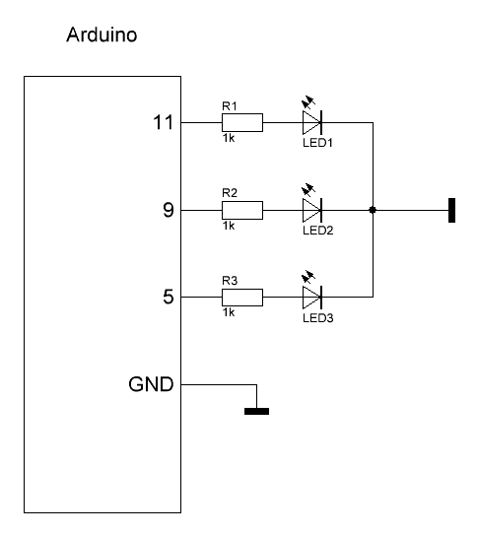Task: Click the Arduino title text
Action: click(102, 34)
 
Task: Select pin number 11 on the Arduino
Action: click(164, 122)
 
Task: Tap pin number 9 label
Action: click(169, 210)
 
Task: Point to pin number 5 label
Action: click(169, 297)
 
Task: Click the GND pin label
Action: click(151, 384)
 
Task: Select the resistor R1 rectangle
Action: click(242, 122)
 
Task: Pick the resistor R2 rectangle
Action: click(242, 210)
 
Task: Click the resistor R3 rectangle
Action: click(242, 298)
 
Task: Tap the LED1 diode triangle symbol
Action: click(312, 122)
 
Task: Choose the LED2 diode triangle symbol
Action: click(312, 210)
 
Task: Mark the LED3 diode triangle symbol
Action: click(312, 298)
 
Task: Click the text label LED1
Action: click(317, 143)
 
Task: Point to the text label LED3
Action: click(318, 318)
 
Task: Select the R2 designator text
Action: click(230, 193)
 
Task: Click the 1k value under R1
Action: click(229, 138)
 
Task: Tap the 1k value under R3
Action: click(229, 312)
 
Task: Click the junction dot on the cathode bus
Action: click(373, 210)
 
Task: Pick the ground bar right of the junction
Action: click(451, 210)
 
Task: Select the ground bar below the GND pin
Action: click(256, 411)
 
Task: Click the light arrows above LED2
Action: click(308, 190)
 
